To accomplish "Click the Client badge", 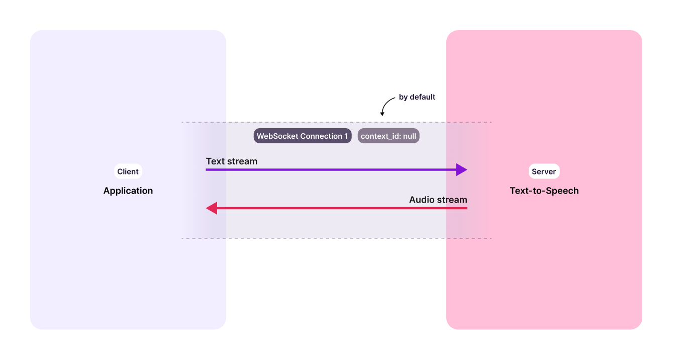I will coord(128,171).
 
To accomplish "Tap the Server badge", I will coord(544,171).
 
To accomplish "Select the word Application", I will coord(128,191).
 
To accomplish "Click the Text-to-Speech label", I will coord(544,191).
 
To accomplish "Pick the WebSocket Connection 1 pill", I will coord(302,136).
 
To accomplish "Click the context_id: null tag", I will coord(388,136).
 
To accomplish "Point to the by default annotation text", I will coord(417,97).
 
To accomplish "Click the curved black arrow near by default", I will coord(385,106).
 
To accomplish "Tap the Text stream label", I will coord(231,161).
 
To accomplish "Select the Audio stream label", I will coord(438,200).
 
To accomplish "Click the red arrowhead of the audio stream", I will coord(212,208).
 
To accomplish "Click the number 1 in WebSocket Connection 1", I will coord(346,136).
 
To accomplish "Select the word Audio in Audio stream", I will coord(421,200).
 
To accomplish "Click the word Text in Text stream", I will coord(215,161).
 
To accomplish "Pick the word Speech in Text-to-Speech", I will coord(563,191).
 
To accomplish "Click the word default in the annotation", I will coord(422,97).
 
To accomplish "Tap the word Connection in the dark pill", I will coord(321,136).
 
